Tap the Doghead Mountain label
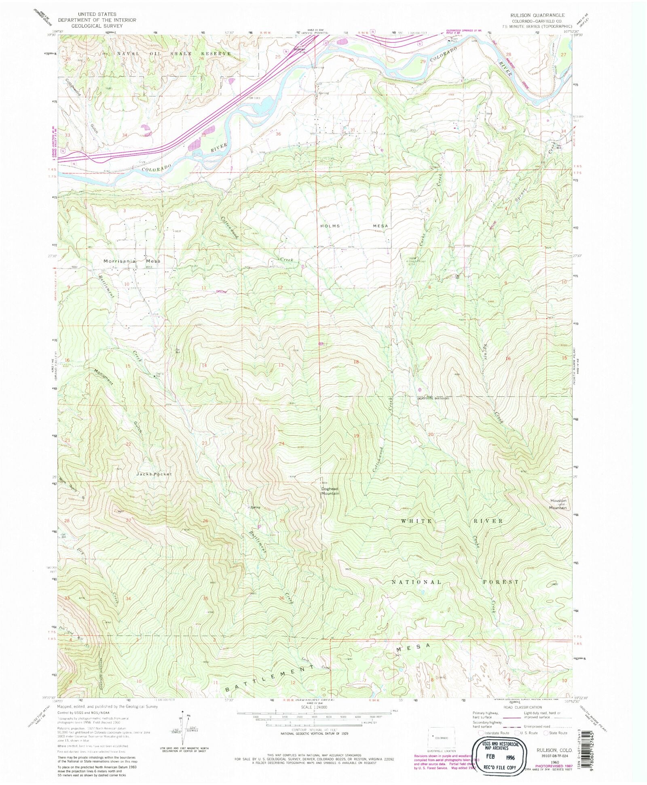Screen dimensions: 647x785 coord(330,491)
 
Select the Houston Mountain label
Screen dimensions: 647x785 coord(558,504)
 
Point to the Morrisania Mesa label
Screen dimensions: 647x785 coord(132,261)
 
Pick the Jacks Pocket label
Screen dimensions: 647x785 coord(154,474)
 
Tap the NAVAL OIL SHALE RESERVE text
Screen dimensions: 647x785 coord(174,53)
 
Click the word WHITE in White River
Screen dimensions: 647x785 coord(417,521)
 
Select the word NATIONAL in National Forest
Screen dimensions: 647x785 coord(417,582)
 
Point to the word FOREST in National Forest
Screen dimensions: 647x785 coord(501,582)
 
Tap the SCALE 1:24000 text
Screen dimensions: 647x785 coord(313,707)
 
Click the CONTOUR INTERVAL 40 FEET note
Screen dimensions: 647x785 coord(314,730)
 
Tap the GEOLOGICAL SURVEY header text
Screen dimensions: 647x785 coord(97,25)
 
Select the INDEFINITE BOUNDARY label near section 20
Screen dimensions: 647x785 coord(433,398)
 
